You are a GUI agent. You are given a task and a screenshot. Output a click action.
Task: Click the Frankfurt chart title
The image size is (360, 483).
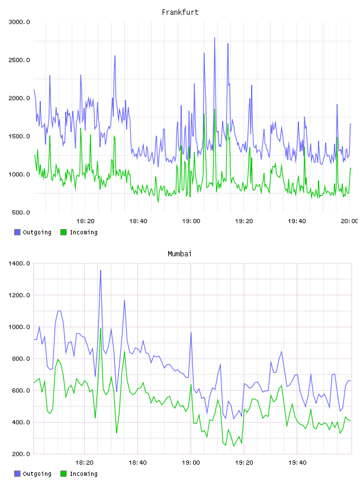pyautogui.click(x=180, y=12)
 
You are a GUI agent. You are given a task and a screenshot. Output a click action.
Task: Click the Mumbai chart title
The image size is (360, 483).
pyautogui.click(x=179, y=254)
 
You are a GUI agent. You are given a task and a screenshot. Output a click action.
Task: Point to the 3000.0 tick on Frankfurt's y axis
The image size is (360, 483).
pyautogui.click(x=19, y=22)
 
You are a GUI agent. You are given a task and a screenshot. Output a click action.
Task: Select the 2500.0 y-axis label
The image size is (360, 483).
pyautogui.click(x=19, y=60)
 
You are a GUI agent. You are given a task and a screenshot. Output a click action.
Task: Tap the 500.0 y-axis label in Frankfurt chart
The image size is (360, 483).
pyautogui.click(x=21, y=212)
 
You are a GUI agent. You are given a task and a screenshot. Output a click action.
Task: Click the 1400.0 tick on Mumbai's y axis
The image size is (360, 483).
pyautogui.click(x=19, y=263)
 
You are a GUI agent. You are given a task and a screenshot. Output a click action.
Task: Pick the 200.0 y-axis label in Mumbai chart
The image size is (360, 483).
pyautogui.click(x=21, y=454)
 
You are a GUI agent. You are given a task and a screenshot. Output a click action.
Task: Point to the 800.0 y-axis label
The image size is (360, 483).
pyautogui.click(x=21, y=359)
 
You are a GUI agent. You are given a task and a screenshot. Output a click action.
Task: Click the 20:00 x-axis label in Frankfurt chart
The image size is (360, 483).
pyautogui.click(x=349, y=221)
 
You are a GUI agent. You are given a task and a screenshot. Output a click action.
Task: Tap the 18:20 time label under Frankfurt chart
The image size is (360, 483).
pyautogui.click(x=85, y=221)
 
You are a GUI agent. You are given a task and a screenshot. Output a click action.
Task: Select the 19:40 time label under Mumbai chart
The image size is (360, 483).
pyautogui.click(x=297, y=463)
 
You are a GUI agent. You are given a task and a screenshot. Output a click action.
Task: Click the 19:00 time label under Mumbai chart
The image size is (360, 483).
pyautogui.click(x=191, y=463)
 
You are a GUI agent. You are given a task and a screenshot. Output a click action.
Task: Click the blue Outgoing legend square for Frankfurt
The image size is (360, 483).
pyautogui.click(x=17, y=232)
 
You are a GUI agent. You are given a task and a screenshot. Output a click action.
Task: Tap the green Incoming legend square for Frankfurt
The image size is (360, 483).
pyautogui.click(x=63, y=232)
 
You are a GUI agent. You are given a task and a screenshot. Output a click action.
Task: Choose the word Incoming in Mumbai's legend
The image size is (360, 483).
pyautogui.click(x=83, y=474)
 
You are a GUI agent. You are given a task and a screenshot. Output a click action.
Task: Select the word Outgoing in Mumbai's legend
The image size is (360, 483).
pyautogui.click(x=37, y=474)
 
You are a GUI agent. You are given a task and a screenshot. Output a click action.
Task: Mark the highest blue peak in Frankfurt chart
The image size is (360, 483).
pyautogui.click(x=214, y=38)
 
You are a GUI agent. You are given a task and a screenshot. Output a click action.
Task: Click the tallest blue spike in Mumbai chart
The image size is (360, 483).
pyautogui.click(x=101, y=271)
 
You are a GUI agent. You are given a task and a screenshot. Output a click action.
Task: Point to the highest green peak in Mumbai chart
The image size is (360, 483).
pyautogui.click(x=101, y=329)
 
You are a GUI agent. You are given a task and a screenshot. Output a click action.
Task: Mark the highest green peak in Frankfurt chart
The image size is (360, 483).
pyautogui.click(x=214, y=110)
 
